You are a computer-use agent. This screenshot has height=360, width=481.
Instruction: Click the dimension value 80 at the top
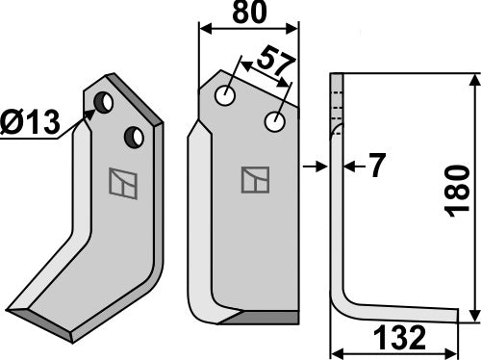[249, 15]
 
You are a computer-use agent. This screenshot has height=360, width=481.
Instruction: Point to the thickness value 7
[376, 167]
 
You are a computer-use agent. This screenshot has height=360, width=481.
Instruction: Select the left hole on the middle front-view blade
[225, 96]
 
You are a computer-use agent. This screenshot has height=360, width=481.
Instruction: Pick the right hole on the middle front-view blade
[276, 122]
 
